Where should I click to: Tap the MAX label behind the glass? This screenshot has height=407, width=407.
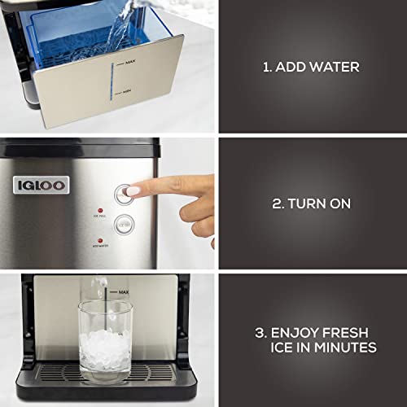(125, 291)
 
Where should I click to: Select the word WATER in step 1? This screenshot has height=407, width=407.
(330, 67)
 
